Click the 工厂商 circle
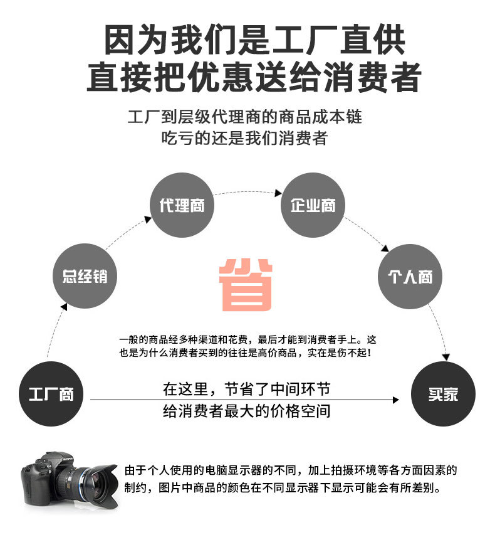[x=51, y=395]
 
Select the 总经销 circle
[x=85, y=277]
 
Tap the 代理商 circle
[x=181, y=205]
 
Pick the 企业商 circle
[x=313, y=205]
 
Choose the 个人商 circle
[x=410, y=277]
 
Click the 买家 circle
[x=443, y=395]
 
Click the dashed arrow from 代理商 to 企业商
[x=247, y=191]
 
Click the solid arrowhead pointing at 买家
[x=395, y=400]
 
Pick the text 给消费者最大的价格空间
[x=246, y=411]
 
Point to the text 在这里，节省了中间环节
[x=246, y=389]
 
